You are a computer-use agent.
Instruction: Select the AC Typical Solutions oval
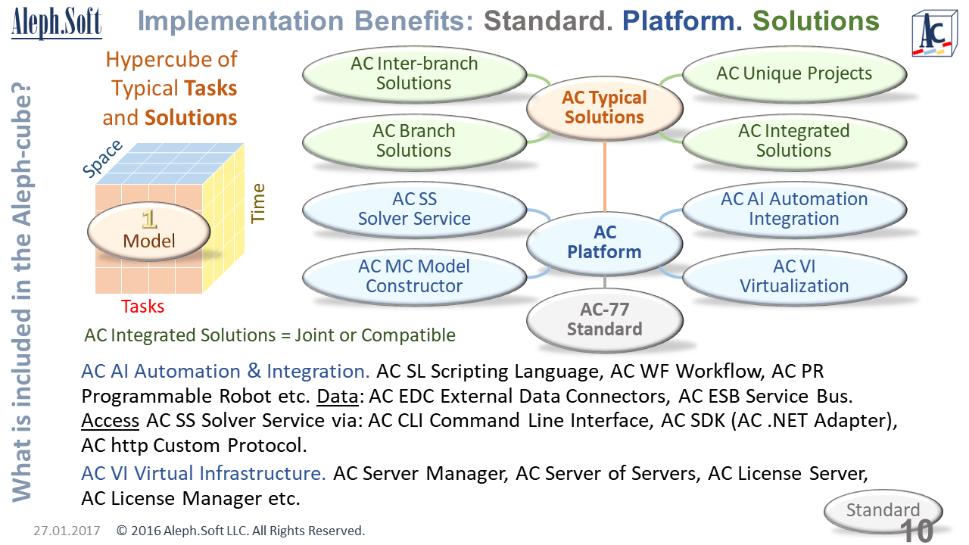(x=604, y=107)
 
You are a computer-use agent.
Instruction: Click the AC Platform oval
(x=604, y=242)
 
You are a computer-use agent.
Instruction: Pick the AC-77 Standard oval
(x=604, y=319)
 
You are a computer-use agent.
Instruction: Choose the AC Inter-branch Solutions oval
(x=414, y=73)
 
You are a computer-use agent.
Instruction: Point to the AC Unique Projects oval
(x=794, y=73)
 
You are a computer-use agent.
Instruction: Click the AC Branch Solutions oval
(x=414, y=141)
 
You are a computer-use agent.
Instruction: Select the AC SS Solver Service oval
(x=414, y=209)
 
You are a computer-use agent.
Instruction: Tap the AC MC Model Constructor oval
(x=414, y=276)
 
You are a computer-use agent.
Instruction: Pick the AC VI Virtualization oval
(x=794, y=276)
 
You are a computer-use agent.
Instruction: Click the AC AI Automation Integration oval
(x=794, y=209)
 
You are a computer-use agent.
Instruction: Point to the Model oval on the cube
(x=149, y=232)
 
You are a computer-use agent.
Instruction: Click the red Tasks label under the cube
(x=143, y=307)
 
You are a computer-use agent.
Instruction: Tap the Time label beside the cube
(x=258, y=203)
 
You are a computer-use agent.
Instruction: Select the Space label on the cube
(x=102, y=160)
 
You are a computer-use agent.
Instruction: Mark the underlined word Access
(x=111, y=420)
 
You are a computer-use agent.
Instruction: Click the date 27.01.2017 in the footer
(x=67, y=531)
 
